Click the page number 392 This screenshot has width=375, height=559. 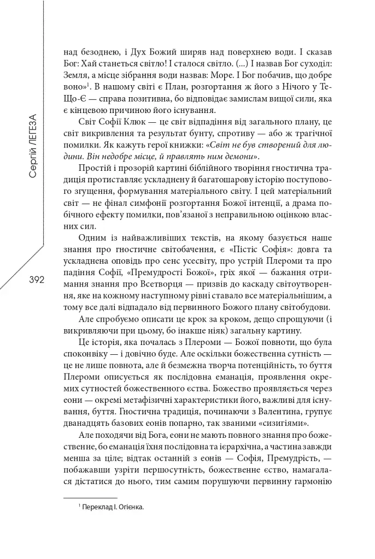(32, 279)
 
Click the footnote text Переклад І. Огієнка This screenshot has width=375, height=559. (113, 508)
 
